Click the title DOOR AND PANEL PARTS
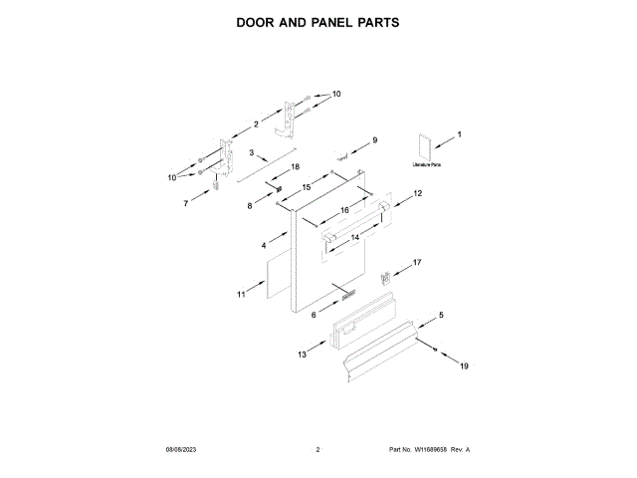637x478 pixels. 318,21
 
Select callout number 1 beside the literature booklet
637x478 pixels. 459,133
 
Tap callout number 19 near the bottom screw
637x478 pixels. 463,366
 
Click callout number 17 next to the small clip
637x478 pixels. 417,263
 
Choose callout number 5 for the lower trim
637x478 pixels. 441,315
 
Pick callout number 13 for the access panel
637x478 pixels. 303,354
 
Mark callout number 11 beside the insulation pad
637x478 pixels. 241,295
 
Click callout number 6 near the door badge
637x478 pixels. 314,314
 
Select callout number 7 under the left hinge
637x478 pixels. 185,203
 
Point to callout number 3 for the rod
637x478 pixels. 253,153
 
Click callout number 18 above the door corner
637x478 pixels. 295,167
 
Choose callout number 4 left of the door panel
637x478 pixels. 264,244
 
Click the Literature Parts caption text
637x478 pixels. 427,164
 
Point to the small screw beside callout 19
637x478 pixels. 437,348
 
